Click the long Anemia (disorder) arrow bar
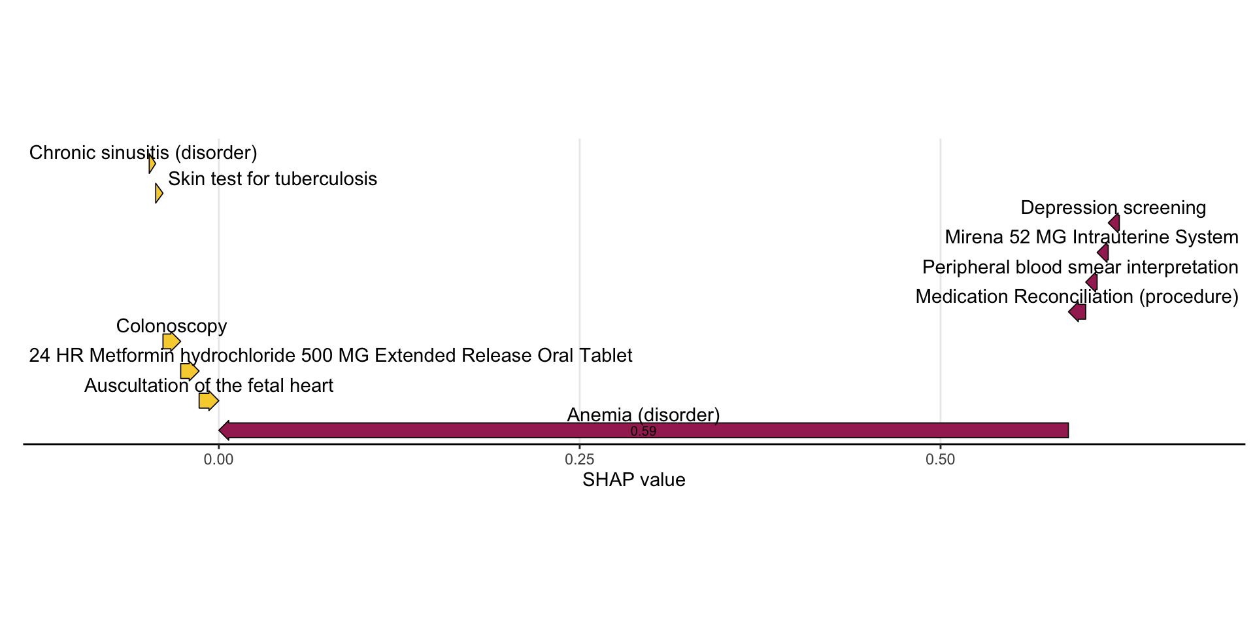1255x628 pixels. [x=644, y=430]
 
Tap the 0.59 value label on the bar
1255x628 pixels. [x=643, y=432]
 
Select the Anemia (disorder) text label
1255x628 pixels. [x=643, y=415]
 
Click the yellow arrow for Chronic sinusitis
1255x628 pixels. [x=152, y=164]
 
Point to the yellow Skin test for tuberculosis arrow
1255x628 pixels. [x=159, y=194]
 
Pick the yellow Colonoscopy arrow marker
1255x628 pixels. [x=171, y=341]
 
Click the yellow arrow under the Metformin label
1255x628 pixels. [x=190, y=371]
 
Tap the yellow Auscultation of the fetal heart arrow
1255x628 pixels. [x=209, y=400]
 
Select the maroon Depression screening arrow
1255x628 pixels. [x=1114, y=223]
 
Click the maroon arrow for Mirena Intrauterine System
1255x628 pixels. [x=1103, y=253]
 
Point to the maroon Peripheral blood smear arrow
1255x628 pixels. [x=1092, y=282]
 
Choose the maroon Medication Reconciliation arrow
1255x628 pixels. [x=1077, y=312]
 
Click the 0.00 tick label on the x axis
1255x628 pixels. [x=218, y=460]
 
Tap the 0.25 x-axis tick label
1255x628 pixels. [x=579, y=460]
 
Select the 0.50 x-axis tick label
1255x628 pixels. [x=940, y=460]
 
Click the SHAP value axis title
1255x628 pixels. [x=634, y=480]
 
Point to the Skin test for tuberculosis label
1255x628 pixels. [x=273, y=179]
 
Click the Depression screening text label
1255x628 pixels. [x=1113, y=208]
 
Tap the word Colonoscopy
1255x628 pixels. [x=171, y=326]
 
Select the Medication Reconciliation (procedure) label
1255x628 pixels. [x=1077, y=297]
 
